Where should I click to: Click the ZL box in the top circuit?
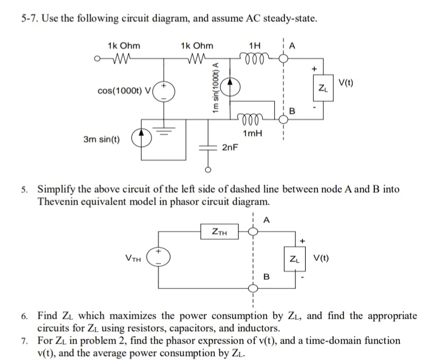click(323, 88)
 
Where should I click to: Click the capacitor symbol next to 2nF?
click(206, 147)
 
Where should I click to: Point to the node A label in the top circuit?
click(293, 46)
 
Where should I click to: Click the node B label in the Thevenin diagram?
click(266, 277)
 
